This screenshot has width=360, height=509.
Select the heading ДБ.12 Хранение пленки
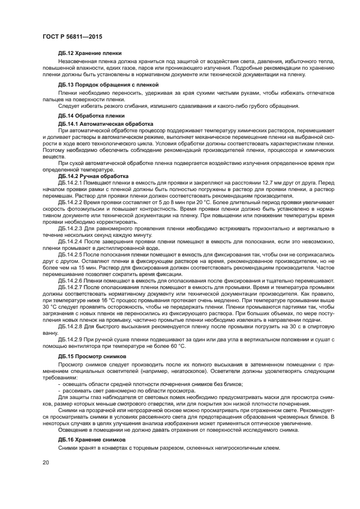pos(89,53)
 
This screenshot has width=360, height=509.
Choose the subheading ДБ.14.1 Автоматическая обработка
pos(98,124)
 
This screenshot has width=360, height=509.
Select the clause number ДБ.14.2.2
pos(70,201)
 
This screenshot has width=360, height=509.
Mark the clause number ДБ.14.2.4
pos(70,240)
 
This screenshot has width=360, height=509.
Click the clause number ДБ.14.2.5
pos(70,254)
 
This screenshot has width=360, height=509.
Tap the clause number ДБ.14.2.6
pos(70,280)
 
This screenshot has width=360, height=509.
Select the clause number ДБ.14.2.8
pos(70,326)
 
